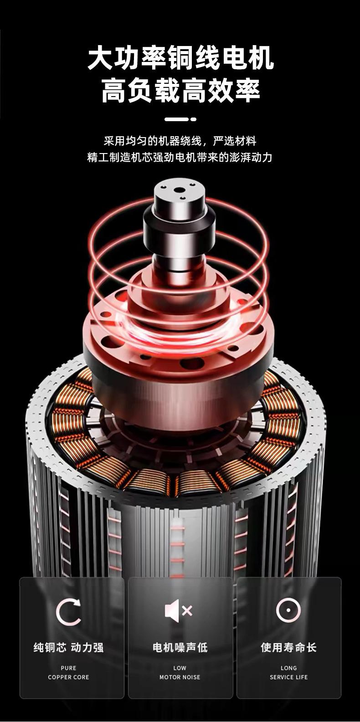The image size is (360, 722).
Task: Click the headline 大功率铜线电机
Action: click(x=180, y=58)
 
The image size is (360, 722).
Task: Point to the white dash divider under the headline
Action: click(x=180, y=119)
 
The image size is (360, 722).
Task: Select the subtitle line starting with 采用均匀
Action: click(x=180, y=141)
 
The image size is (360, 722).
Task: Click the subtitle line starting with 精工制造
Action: click(x=180, y=158)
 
